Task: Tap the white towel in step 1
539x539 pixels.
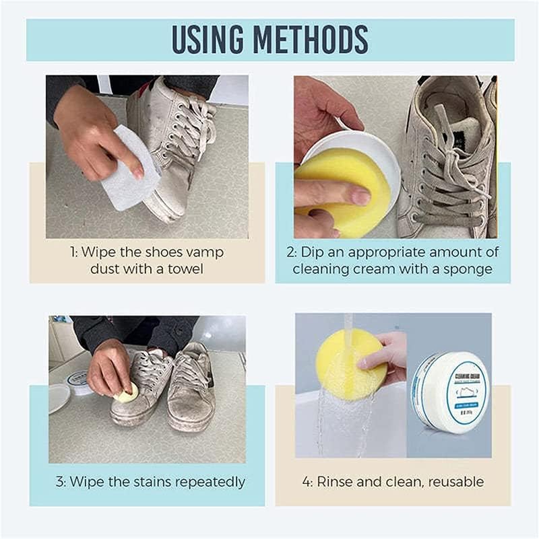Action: coord(131,169)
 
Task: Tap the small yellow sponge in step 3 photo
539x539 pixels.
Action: coord(126,393)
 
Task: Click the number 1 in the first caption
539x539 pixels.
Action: coord(73,252)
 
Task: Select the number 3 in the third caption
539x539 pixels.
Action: coord(59,482)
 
